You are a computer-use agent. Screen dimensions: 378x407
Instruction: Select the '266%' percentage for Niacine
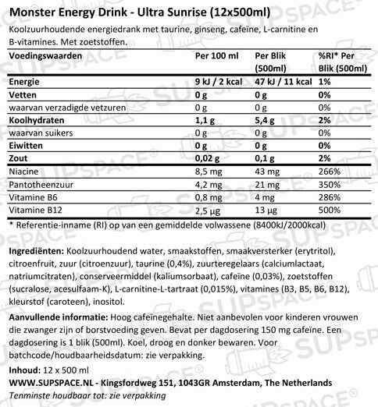coord(329,171)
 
